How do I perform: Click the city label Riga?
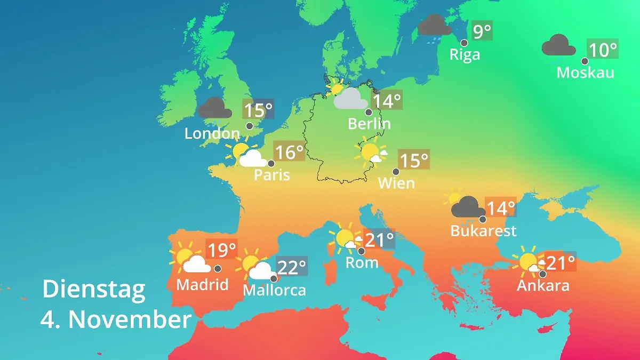(465, 54)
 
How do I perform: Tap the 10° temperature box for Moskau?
(603, 50)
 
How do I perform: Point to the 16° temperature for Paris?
(289, 152)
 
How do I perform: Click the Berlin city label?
(369, 124)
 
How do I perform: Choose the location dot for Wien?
(396, 172)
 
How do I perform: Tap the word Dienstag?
(94, 289)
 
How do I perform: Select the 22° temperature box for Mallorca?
(292, 267)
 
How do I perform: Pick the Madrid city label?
(202, 284)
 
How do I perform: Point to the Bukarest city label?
(483, 231)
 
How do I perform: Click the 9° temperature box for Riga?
(482, 32)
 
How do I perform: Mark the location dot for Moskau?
(585, 61)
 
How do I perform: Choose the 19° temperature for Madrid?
(221, 250)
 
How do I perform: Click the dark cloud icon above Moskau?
(558, 46)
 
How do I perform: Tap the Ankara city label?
(543, 285)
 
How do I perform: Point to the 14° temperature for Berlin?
(387, 101)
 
